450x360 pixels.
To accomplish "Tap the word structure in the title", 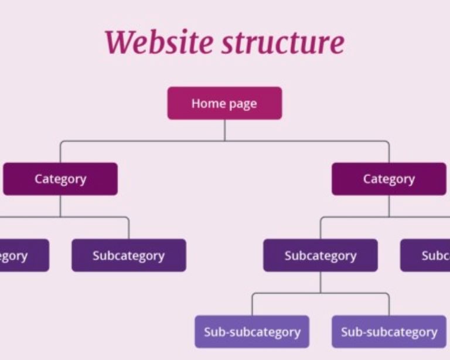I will [x=283, y=42].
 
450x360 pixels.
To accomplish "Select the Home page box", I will [x=224, y=104].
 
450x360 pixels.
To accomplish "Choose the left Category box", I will [x=60, y=179].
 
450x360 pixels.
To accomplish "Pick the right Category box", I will [x=388, y=179].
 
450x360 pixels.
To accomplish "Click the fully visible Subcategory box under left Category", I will [x=128, y=256].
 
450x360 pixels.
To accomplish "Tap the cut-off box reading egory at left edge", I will [x=23, y=256].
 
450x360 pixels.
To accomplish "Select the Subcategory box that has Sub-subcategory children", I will [x=320, y=256].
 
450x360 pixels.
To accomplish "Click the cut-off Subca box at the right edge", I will [x=425, y=256].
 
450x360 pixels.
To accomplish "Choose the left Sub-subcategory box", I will [x=252, y=332].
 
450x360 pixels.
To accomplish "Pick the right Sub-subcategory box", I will [x=388, y=332].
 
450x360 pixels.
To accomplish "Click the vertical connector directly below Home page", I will [x=224, y=130].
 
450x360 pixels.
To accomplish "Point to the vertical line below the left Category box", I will [x=60, y=206].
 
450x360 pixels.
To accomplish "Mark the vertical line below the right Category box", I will [x=388, y=206].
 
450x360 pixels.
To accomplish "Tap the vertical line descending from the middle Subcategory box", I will [x=320, y=282].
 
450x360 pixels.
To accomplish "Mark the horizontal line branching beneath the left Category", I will [x=94, y=217].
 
